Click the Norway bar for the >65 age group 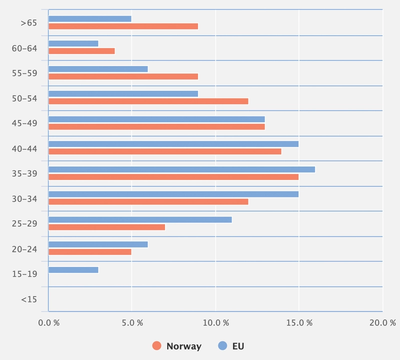pos(123,26)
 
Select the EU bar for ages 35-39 pos(181,169)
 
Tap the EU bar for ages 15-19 pos(73,270)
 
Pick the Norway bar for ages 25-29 pos(106,227)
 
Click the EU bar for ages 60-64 pos(73,43)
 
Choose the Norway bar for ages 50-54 pos(148,101)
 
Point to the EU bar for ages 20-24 pos(98,244)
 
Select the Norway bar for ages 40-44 pos(164,151)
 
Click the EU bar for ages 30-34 pos(173,194)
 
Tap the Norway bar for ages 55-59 pos(123,76)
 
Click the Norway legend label pos(183,346)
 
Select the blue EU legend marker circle pos(223,346)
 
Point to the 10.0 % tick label pos(215,323)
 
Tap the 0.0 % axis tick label pos(49,323)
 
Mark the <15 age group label pos(29,299)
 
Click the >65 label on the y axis pos(29,23)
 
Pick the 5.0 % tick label pos(132,323)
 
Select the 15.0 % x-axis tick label pos(298,323)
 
